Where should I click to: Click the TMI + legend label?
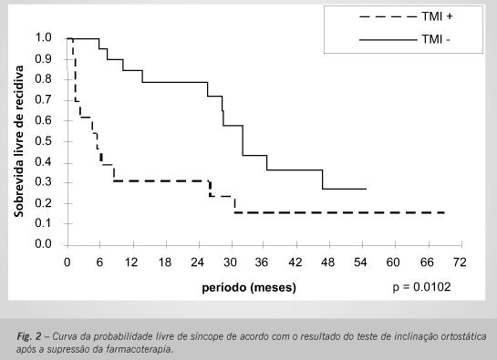[x=437, y=16]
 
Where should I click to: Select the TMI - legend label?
[x=436, y=39]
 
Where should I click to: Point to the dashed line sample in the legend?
[x=388, y=16]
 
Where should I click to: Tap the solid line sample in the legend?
[x=388, y=40]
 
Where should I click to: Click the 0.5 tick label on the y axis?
[x=43, y=140]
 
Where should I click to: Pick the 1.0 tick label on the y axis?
[x=43, y=37]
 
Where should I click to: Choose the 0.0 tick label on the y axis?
[x=43, y=243]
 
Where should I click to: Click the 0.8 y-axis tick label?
[x=43, y=78]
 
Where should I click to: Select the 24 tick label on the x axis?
[x=197, y=262]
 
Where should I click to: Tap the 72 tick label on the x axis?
[x=460, y=262]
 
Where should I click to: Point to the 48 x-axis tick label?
[x=327, y=262]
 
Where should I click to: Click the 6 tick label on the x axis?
[x=99, y=262]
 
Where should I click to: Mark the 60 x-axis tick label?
[x=393, y=262]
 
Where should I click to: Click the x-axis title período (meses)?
[x=249, y=287]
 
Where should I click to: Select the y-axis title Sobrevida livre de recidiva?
[x=19, y=141]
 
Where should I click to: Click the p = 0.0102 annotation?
[x=421, y=287]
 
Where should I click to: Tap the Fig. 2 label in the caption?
[x=29, y=336]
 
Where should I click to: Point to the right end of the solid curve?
[x=367, y=189]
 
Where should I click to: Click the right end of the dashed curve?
[x=445, y=212]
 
